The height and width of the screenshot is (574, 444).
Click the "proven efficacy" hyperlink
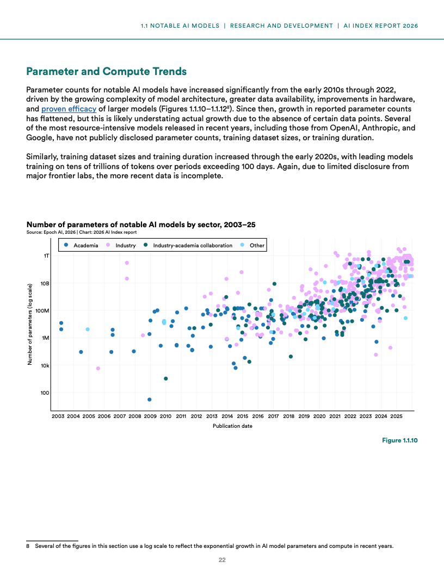69,109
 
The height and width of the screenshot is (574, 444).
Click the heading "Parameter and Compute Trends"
107,71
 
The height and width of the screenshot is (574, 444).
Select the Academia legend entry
81,246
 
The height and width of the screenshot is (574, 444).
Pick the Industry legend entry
121,246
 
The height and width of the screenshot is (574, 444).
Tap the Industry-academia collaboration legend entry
188,246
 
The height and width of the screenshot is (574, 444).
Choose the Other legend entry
252,246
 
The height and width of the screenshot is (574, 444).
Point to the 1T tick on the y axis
46,255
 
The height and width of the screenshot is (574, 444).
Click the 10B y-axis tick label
45,283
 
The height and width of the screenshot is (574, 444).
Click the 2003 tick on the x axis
58,416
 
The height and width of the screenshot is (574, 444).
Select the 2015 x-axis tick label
243,416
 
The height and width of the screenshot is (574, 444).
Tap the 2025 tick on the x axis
396,416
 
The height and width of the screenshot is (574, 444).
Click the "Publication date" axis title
232,426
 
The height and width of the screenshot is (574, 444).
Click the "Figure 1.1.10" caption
399,440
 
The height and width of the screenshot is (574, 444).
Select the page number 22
222,560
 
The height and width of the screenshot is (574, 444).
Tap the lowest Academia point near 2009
150,400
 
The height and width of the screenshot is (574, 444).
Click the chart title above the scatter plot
141,224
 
